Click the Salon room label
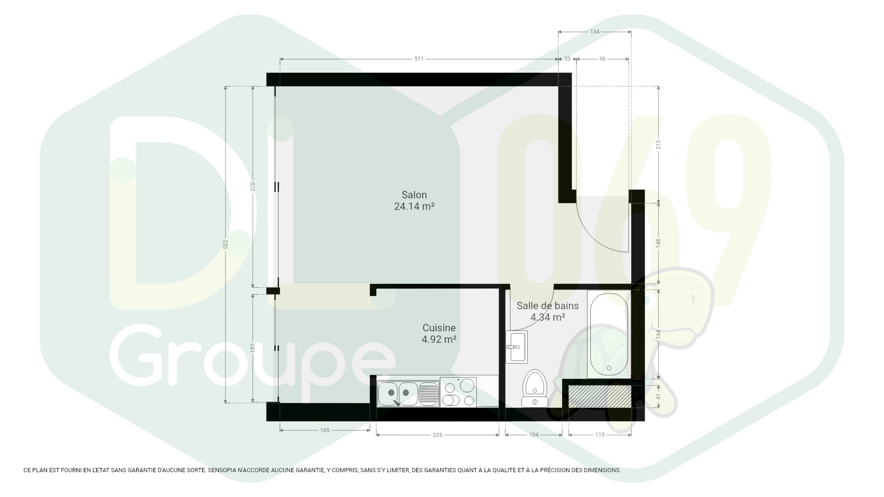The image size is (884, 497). [x=414, y=195]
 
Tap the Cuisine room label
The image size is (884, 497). [x=439, y=328]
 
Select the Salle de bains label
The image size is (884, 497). [x=547, y=306]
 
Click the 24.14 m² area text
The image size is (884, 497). [x=414, y=206]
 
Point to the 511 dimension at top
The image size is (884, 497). [x=419, y=59]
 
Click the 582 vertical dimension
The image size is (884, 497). [x=225, y=244]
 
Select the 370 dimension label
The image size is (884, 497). [x=252, y=187]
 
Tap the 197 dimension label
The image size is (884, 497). [x=252, y=348]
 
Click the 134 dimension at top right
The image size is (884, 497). [x=595, y=32]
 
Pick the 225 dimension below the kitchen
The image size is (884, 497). [x=438, y=435]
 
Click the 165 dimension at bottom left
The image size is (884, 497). [x=325, y=430]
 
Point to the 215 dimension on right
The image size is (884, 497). [x=659, y=145]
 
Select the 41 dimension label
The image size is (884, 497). [x=659, y=397]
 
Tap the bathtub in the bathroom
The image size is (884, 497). [x=609, y=334]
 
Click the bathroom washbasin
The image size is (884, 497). [x=517, y=347]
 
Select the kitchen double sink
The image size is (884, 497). [x=408, y=394]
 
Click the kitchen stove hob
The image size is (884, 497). [x=458, y=392]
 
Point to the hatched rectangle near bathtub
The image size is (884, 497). [x=600, y=397]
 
